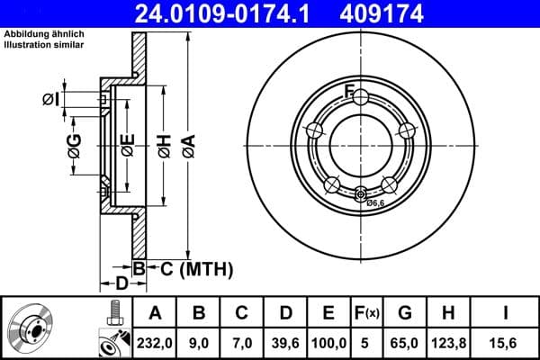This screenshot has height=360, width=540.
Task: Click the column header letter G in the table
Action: [x=405, y=313]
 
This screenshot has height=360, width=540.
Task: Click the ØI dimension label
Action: [x=50, y=98]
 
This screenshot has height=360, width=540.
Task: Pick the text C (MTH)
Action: [x=184, y=268]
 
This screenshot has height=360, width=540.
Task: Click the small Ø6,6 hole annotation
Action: [x=376, y=203]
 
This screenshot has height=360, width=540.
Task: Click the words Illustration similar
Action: [x=42, y=44]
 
